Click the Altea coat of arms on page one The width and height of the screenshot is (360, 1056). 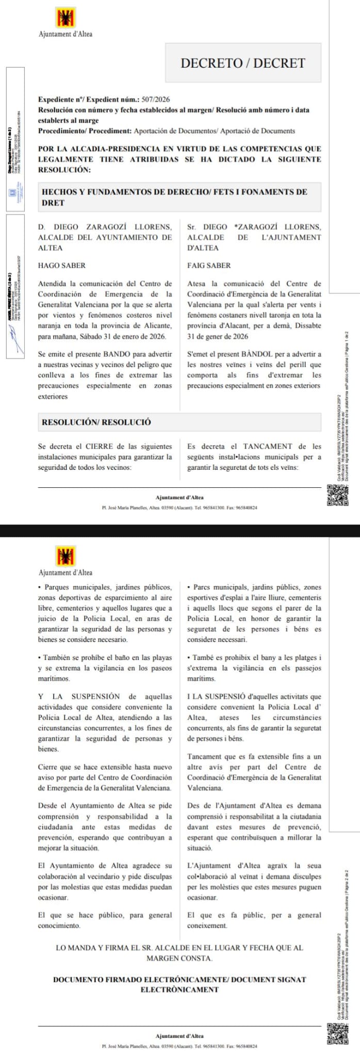[66, 18]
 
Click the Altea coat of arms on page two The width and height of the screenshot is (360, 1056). [66, 557]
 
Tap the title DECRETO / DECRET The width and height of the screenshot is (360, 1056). [243, 63]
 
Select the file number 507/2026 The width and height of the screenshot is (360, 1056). [155, 100]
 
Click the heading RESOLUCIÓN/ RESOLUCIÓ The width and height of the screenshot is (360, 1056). [96, 422]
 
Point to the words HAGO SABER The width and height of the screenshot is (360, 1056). [62, 266]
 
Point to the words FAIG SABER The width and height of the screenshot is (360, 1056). [209, 266]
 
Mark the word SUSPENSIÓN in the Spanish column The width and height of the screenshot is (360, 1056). [95, 697]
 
